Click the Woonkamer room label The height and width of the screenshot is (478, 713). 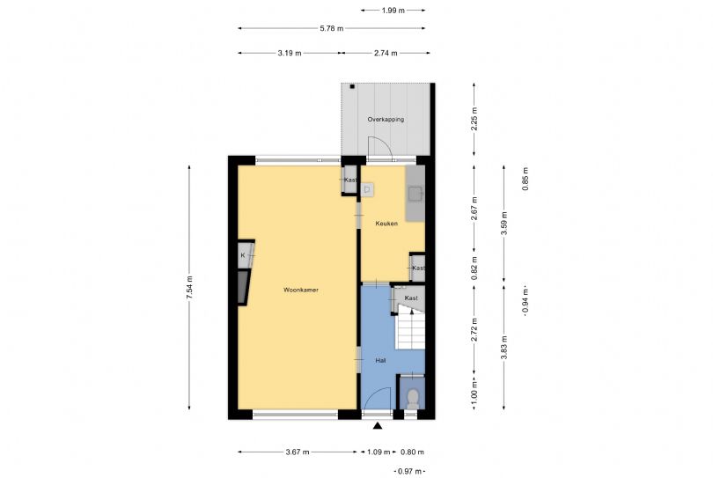(300, 290)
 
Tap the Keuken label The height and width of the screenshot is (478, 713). (386, 224)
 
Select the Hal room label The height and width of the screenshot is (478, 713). (380, 360)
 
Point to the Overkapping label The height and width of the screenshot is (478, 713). (386, 119)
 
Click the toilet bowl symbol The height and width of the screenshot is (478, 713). (413, 399)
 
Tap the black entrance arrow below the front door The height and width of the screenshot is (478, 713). (378, 426)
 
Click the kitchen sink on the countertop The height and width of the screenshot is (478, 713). (415, 194)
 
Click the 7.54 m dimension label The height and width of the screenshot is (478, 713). (189, 288)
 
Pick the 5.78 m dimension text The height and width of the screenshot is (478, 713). (332, 28)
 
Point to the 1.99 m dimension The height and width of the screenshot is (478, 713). (393, 10)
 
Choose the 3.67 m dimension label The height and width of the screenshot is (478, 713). (298, 452)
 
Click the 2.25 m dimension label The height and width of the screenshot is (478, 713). (474, 119)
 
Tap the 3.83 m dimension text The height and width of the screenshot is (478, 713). (504, 348)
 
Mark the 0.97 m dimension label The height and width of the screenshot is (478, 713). (409, 471)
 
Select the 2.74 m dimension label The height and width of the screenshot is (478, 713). (386, 53)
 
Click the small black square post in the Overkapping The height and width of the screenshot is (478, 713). (352, 86)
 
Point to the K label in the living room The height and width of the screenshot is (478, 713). (243, 255)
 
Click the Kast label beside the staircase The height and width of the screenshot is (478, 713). (411, 298)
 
